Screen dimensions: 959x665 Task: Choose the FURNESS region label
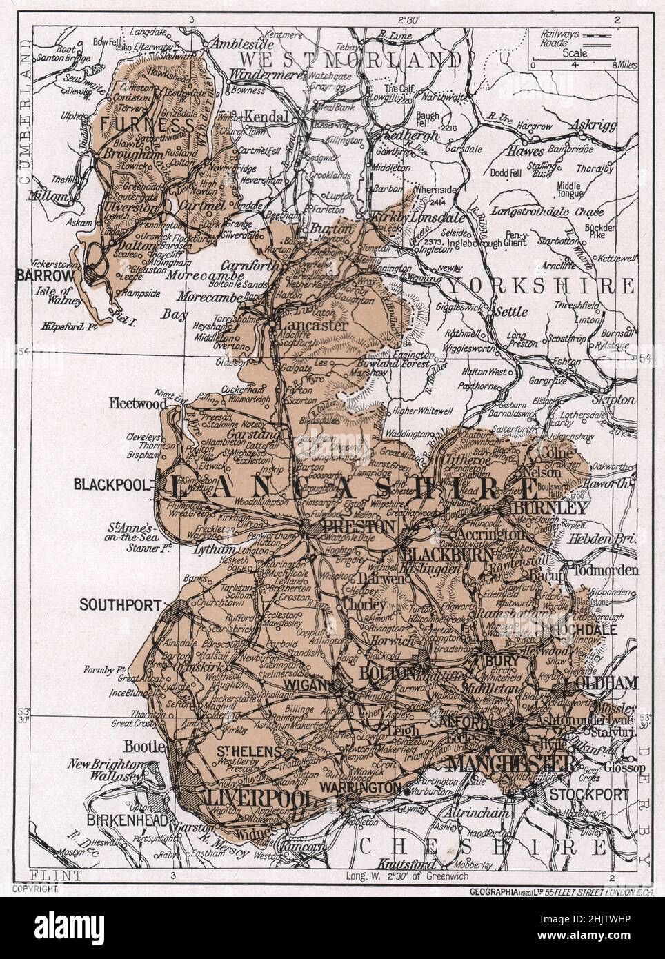coord(146,125)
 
